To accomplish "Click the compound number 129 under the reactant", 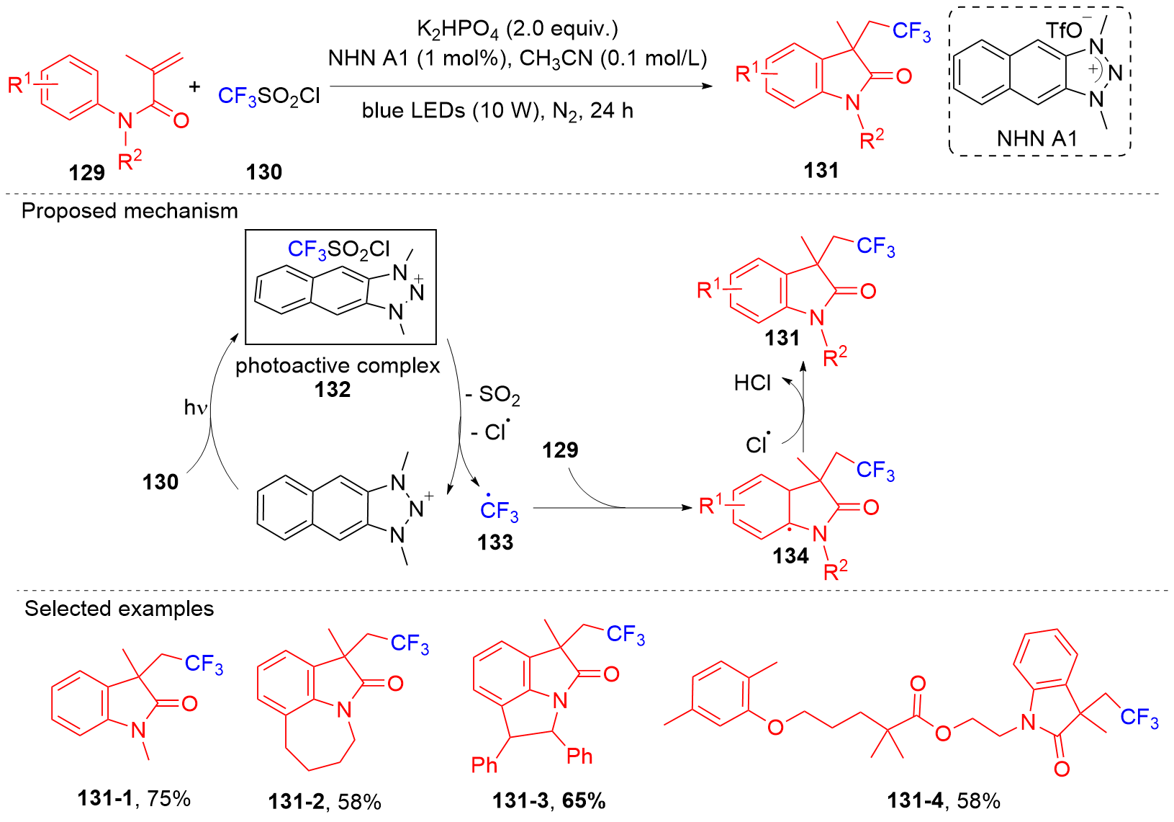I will (87, 173).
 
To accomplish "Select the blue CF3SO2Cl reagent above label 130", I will (268, 96).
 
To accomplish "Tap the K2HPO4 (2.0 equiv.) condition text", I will (518, 30).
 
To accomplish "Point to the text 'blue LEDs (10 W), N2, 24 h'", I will (497, 111).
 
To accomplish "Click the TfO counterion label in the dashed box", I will (1065, 30).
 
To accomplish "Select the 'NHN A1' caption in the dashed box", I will (1037, 138).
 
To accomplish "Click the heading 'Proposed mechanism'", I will (130, 211).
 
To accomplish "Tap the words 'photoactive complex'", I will (338, 366).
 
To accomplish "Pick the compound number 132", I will (333, 390).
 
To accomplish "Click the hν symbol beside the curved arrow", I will (195, 408).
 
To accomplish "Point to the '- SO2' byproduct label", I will (493, 395).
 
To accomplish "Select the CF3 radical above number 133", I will (499, 511).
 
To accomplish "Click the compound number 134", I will (790, 556).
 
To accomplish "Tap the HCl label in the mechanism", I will (752, 383).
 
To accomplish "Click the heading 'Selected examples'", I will (119, 609).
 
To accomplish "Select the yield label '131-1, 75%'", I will (134, 798).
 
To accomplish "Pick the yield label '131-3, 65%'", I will (548, 800).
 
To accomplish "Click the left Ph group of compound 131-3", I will (484, 764).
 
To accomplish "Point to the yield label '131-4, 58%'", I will (943, 800).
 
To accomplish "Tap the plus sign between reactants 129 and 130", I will (194, 87).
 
